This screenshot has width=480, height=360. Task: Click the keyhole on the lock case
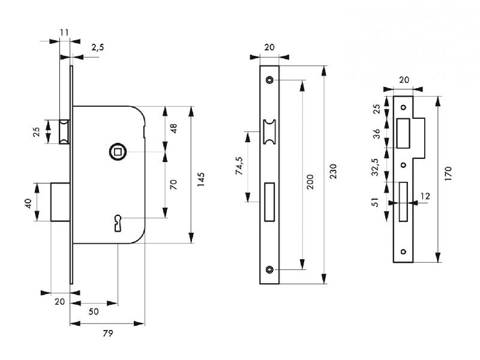(118, 223)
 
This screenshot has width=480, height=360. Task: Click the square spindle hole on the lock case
(118, 152)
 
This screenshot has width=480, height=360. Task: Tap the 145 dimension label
(200, 179)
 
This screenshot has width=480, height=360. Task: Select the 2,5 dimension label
(98, 47)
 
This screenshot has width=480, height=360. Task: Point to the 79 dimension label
(108, 333)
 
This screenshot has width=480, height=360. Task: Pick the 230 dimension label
(333, 172)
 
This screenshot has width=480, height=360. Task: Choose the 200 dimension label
(310, 182)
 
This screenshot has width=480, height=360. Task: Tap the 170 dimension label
(448, 173)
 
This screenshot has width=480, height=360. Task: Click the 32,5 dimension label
(376, 167)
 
